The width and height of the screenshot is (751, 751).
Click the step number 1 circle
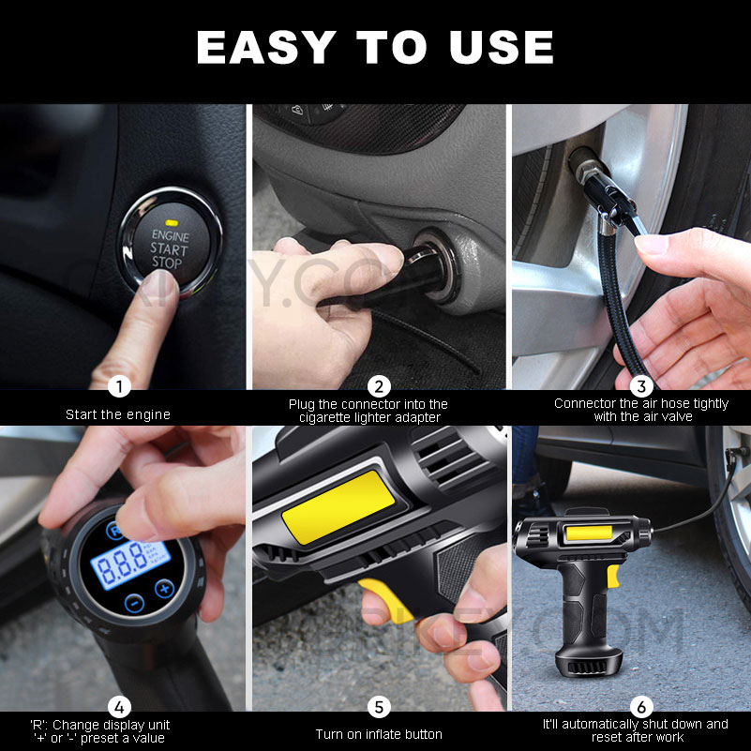118,386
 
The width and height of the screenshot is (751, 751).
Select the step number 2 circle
379,386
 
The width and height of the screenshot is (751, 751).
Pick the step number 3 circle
640,386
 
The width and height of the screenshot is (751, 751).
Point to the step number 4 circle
118,707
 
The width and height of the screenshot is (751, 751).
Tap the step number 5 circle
379,707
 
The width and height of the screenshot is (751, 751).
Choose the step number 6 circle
640,707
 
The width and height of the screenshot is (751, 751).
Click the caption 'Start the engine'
118,414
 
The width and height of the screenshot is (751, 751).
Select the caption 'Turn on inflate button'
379,734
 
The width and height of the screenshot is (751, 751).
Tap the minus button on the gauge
134,603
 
